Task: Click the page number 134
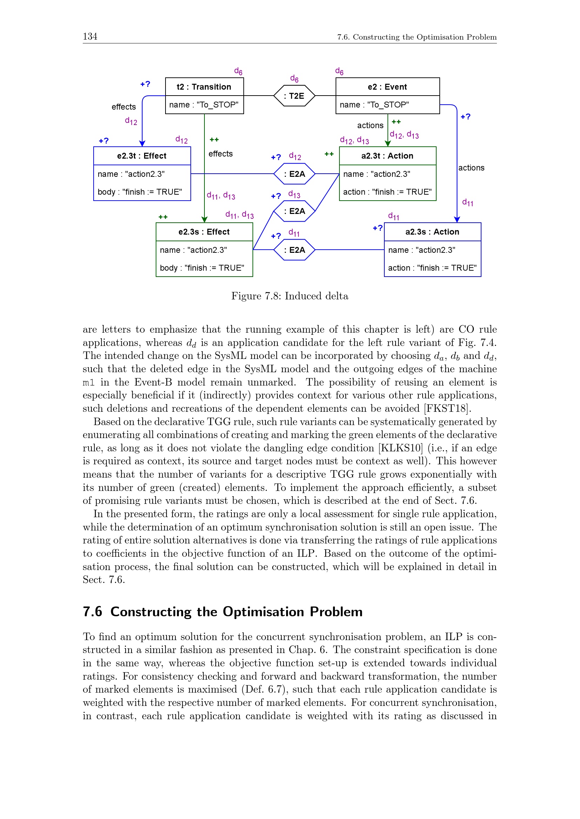tap(90, 36)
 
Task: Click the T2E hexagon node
tap(294, 96)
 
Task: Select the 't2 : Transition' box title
tap(204, 87)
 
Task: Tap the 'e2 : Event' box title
tap(387, 87)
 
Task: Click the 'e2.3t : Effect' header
tap(142, 156)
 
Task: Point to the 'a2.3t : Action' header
tap(387, 156)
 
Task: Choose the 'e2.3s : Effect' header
tap(204, 232)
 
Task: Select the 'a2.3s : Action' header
tap(432, 232)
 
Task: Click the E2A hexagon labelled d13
tap(294, 211)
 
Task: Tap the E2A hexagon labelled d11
tap(294, 250)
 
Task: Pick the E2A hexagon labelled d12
tap(294, 174)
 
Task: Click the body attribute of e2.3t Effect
tap(140, 192)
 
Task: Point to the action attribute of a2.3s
tap(432, 268)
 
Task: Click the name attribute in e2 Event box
tap(374, 105)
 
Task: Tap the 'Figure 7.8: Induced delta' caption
tap(290, 296)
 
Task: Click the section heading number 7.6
tap(93, 612)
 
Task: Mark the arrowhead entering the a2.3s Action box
tap(457, 220)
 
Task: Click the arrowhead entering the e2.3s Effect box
tap(204, 220)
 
